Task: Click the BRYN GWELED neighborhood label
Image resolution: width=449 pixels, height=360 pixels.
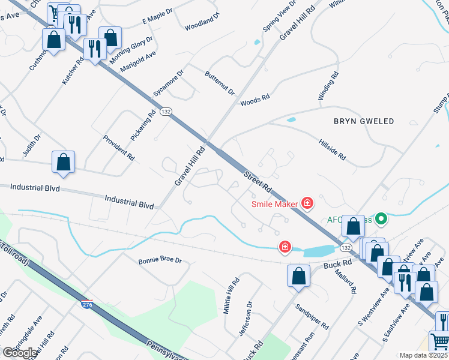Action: point(364,121)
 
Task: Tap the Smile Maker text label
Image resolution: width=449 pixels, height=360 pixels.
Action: point(274,204)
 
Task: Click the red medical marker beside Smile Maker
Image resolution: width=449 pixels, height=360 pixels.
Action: point(307,204)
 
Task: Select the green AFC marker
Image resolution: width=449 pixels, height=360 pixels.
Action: point(380,220)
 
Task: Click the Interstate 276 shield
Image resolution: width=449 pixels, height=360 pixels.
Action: point(87,305)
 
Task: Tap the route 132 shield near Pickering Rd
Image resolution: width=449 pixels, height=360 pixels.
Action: point(166,112)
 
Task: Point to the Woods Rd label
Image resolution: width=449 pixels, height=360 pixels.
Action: point(255,100)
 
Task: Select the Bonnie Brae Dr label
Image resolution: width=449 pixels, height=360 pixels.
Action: point(160,261)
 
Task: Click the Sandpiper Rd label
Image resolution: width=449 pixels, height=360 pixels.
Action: point(312,316)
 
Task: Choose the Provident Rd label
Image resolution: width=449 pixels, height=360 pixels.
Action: point(118,148)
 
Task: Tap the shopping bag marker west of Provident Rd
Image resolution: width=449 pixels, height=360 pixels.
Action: point(63,162)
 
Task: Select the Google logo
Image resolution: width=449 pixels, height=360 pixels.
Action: point(19,353)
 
